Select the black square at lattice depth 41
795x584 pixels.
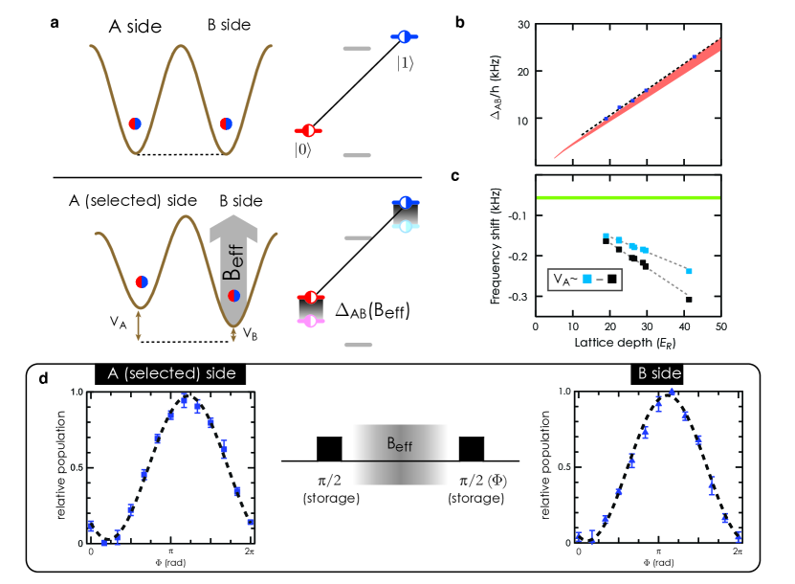coord(689,300)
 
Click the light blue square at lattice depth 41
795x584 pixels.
coord(689,271)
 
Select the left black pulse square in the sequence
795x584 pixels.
coord(329,448)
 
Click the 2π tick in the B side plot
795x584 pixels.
coord(737,553)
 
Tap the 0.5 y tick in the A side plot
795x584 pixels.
coord(76,467)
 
